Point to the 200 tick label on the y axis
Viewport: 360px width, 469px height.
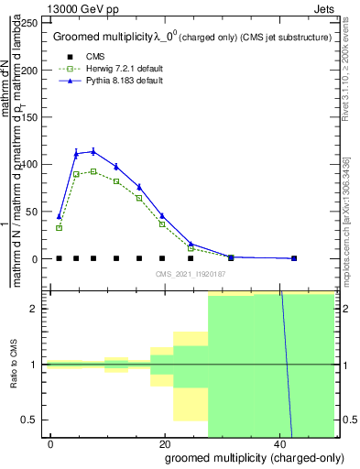tap(30, 71)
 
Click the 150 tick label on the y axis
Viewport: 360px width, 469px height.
tap(30, 118)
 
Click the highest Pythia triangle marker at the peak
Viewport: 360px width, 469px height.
tap(93, 151)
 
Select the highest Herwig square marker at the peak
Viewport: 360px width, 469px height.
tap(93, 171)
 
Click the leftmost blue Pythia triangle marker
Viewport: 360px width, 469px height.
tap(60, 217)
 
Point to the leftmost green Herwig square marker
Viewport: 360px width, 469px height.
tap(60, 227)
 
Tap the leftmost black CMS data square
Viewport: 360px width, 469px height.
tap(60, 258)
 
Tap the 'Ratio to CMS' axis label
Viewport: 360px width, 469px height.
tap(14, 365)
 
